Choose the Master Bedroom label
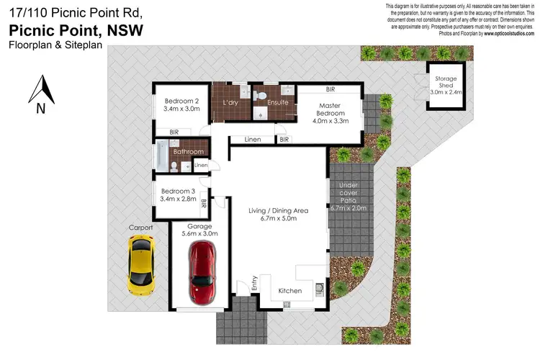[x=331, y=107]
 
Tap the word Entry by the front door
[x=253, y=284]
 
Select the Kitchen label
[x=290, y=291]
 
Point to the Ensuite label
[x=277, y=102]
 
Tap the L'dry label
[x=230, y=102]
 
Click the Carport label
[x=141, y=228]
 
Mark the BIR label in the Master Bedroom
[x=330, y=90]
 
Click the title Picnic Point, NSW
[x=76, y=30]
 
